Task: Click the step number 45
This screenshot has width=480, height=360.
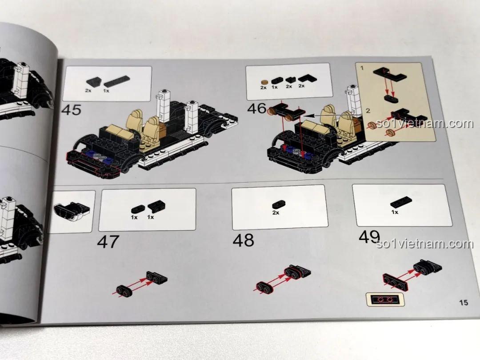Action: click(71, 110)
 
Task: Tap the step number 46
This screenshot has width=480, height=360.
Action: click(257, 108)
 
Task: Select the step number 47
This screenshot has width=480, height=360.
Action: click(108, 242)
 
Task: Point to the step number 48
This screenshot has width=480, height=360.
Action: click(244, 240)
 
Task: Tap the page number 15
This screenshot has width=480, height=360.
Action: click(464, 303)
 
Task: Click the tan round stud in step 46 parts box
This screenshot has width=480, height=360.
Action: click(264, 82)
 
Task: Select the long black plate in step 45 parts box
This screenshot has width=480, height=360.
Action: click(116, 81)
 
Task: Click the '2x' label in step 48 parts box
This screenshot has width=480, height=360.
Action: click(276, 212)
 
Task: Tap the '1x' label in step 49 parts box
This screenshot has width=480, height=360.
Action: click(395, 212)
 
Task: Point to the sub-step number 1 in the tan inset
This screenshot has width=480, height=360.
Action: click(362, 68)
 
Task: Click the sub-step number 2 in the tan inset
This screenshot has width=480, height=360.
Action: click(368, 111)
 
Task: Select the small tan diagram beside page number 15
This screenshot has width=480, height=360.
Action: click(385, 299)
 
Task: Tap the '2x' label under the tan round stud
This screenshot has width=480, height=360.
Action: click(263, 88)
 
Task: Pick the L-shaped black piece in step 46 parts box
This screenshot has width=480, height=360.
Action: click(308, 79)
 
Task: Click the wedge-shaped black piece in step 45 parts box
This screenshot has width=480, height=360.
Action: click(93, 82)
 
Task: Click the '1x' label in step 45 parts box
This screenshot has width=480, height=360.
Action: click(106, 91)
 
